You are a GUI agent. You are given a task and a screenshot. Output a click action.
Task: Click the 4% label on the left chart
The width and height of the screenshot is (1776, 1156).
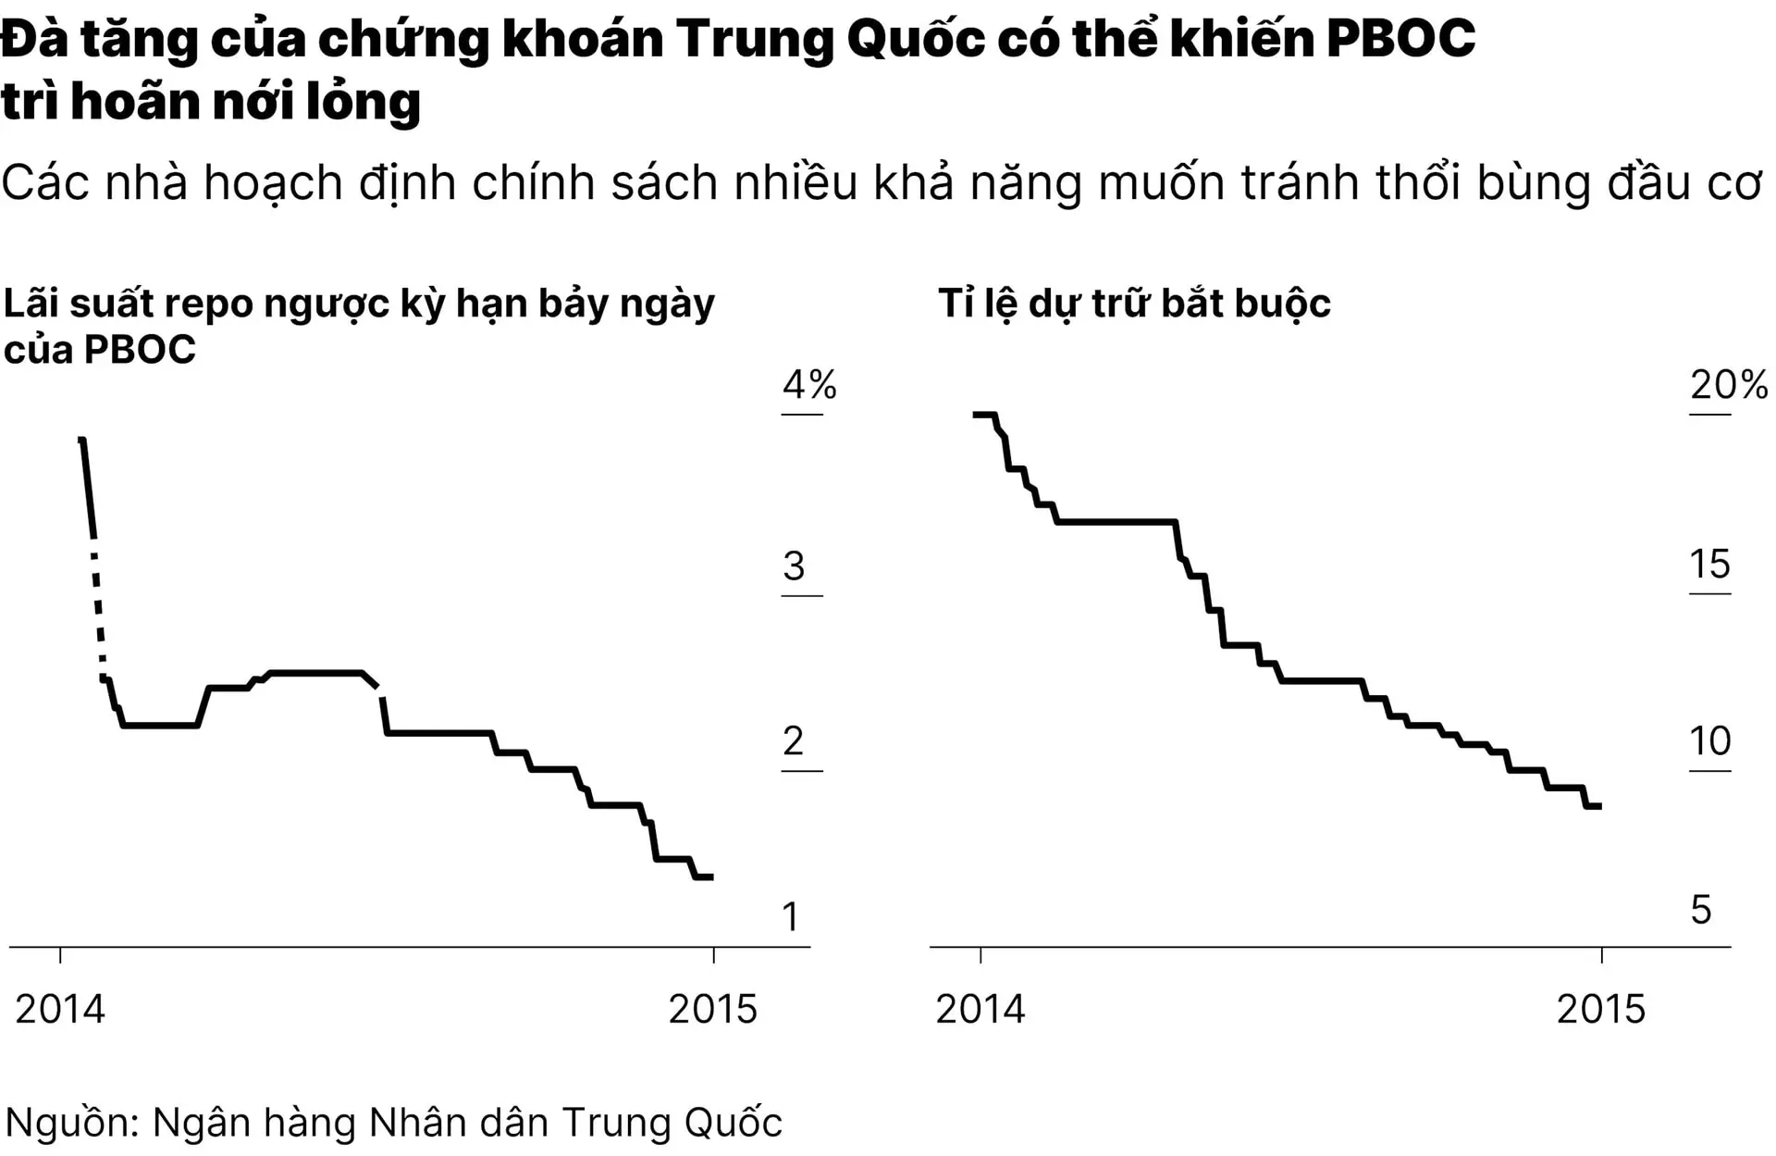pyautogui.click(x=808, y=384)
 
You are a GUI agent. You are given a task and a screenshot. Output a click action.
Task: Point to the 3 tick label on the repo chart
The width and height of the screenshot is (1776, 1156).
pyautogui.click(x=794, y=566)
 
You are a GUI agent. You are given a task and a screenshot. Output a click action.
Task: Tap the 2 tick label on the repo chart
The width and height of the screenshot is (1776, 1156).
pyautogui.click(x=793, y=741)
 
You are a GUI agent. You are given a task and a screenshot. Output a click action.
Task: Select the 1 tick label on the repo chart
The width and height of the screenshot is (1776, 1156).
pyautogui.click(x=790, y=916)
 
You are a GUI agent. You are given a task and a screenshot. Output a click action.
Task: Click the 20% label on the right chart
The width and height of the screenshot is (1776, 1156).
pyautogui.click(x=1728, y=384)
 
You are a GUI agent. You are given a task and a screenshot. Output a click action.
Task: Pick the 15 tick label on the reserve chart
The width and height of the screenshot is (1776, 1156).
pyautogui.click(x=1709, y=565)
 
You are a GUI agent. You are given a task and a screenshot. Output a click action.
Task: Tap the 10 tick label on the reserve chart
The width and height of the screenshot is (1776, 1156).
pyautogui.click(x=1709, y=741)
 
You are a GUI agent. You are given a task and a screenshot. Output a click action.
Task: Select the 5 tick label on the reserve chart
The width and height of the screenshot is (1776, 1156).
pyautogui.click(x=1700, y=910)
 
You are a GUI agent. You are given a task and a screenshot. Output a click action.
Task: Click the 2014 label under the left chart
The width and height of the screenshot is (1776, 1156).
pyautogui.click(x=60, y=1009)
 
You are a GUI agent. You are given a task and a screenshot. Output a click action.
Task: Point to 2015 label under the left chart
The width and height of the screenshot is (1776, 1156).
pyautogui.click(x=712, y=1009)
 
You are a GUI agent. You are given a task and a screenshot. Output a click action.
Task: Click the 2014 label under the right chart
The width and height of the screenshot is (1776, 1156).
pyautogui.click(x=980, y=1009)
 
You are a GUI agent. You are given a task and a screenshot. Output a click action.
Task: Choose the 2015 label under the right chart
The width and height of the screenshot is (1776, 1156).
pyautogui.click(x=1601, y=1009)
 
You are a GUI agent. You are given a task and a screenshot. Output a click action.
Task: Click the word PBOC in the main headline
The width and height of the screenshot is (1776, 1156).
pyautogui.click(x=1400, y=39)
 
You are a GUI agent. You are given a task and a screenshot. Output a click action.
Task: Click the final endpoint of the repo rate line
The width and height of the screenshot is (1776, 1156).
pyautogui.click(x=711, y=876)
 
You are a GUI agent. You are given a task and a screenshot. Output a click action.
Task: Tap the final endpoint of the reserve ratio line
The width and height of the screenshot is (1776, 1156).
pyautogui.click(x=1599, y=806)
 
